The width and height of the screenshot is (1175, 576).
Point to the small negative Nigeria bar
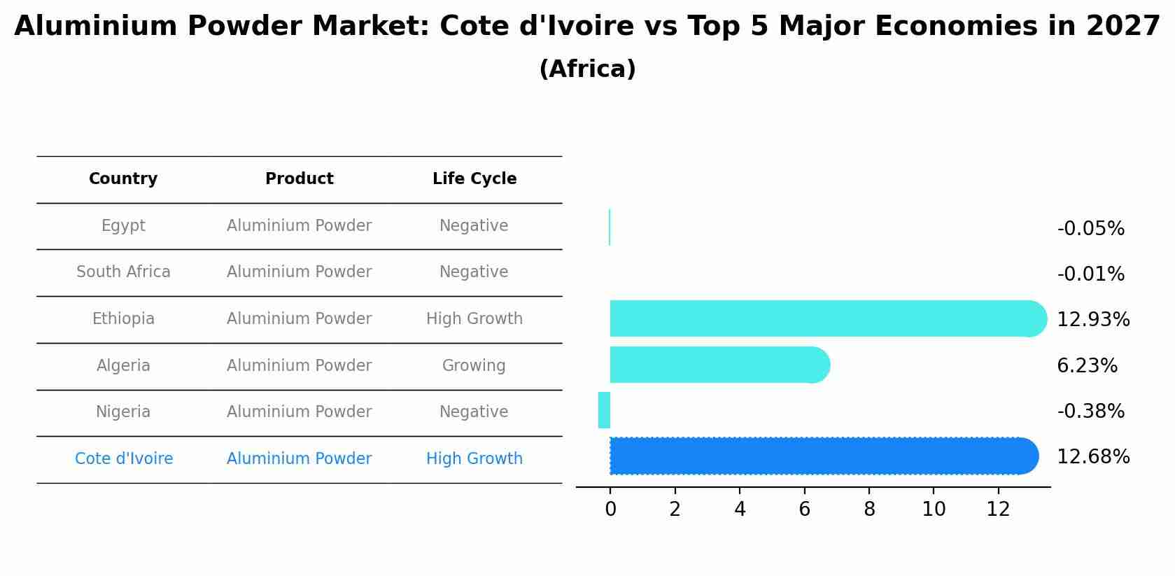pos(604,410)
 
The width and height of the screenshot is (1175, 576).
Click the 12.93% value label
pos(1092,320)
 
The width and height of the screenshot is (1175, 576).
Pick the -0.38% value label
pos(1090,412)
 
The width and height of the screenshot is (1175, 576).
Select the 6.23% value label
pos(1087,366)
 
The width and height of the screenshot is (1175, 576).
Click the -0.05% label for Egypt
pos(1090,229)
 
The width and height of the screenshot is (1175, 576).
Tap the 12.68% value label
pos(1092,457)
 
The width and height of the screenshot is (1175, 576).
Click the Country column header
pos(123,179)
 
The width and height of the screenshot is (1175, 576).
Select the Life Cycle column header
pos(474,179)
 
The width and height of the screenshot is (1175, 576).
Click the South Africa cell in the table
pos(123,272)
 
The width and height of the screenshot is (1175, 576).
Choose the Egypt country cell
pos(123,226)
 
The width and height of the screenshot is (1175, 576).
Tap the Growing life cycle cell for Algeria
pos(474,366)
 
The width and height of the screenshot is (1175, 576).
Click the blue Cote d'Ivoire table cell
pos(124,459)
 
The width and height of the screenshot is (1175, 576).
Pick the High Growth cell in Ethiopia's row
pos(474,319)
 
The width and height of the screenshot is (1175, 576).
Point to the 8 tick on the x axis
pos(869,510)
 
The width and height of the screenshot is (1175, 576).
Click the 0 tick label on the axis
pos(610,510)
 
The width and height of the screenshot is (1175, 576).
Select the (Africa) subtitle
pos(587,69)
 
